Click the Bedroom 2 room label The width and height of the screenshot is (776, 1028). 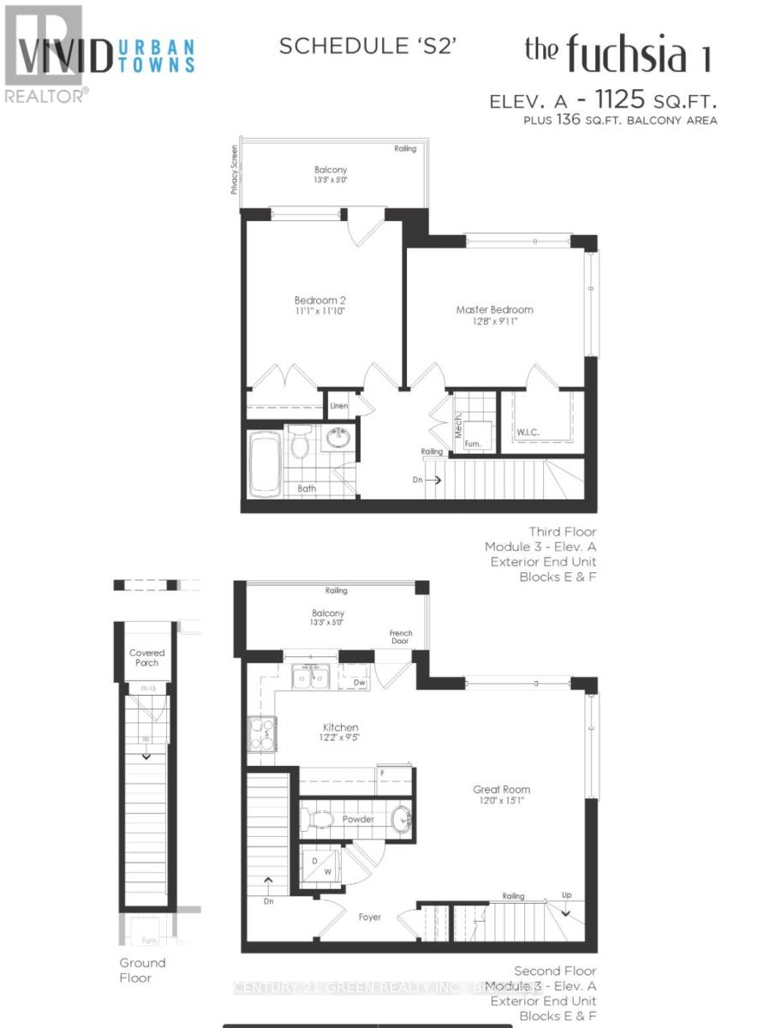coord(319,301)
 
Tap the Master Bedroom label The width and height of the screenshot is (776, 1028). coord(494,309)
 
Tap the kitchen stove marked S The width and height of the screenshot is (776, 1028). coord(261,733)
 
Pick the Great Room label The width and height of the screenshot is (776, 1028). coord(501,789)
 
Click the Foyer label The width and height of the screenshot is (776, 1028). coord(370,917)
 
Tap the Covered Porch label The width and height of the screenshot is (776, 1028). coord(146,658)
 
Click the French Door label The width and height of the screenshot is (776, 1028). coord(401,639)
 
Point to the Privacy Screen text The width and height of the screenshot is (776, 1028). coord(233,169)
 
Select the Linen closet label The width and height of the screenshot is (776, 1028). coord(339,406)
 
